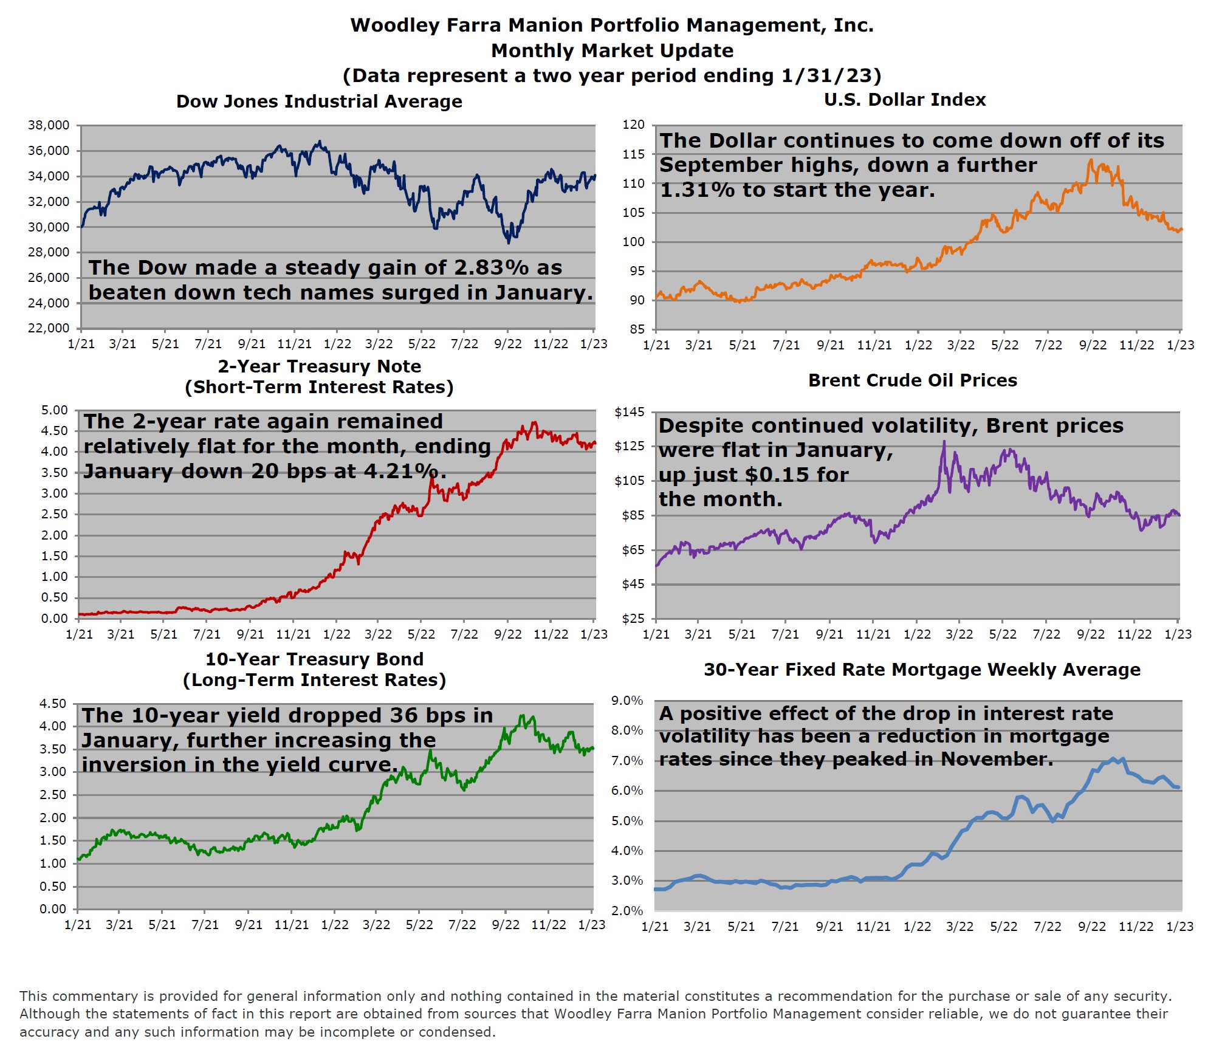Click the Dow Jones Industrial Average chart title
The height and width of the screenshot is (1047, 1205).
click(319, 101)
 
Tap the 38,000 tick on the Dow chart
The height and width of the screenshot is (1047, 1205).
click(49, 125)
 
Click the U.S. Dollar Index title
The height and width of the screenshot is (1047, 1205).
click(904, 100)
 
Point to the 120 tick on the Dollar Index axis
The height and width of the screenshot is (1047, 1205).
click(633, 125)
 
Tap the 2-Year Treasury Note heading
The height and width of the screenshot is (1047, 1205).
click(319, 366)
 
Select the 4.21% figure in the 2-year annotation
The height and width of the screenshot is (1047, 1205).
click(405, 471)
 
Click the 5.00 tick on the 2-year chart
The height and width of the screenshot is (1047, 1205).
click(55, 410)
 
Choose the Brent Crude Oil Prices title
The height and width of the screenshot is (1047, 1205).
click(912, 380)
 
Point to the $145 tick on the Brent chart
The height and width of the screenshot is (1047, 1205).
click(630, 412)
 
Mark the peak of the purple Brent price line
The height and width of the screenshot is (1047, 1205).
click(944, 442)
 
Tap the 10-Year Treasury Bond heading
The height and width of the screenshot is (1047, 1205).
click(314, 659)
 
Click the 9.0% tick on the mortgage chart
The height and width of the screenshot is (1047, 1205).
click(627, 701)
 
